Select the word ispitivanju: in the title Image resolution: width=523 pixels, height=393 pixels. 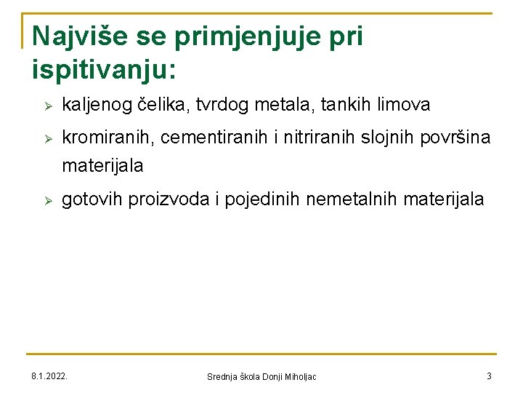pyautogui.click(x=104, y=70)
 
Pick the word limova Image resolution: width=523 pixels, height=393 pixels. pyautogui.click(x=402, y=106)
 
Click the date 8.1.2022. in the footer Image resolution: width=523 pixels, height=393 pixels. pyautogui.click(x=49, y=376)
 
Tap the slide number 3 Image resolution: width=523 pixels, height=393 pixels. pyautogui.click(x=489, y=376)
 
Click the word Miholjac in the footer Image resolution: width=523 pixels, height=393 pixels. pyautogui.click(x=299, y=377)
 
